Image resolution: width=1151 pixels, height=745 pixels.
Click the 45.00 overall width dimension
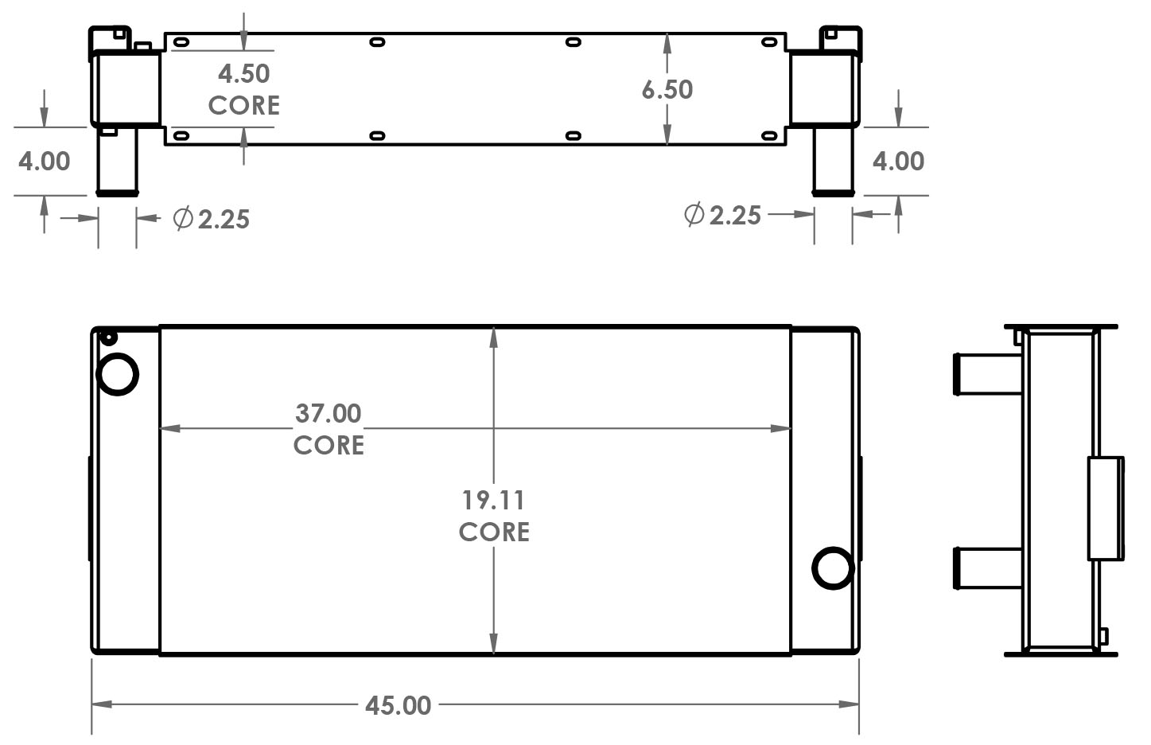(399, 705)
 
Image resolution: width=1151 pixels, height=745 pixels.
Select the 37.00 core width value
(329, 413)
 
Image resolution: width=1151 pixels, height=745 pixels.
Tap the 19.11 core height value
(494, 501)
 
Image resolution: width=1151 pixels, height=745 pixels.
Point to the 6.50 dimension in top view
(667, 89)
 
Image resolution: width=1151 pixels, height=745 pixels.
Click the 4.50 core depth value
(244, 74)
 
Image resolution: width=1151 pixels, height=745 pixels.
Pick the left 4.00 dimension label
(45, 162)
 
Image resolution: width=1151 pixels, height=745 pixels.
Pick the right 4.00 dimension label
(898, 162)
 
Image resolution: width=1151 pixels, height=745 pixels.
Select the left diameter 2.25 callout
(212, 219)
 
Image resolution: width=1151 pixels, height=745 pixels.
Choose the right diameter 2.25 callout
(723, 215)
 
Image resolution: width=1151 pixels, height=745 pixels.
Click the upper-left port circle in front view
(118, 373)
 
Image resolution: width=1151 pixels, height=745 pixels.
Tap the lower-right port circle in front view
(833, 568)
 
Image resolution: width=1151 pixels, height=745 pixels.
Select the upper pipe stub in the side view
(986, 372)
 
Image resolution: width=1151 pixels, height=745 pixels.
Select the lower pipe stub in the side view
(986, 568)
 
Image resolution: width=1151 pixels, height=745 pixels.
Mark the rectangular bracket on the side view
(1106, 508)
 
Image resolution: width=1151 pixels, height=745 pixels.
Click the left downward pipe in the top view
(117, 161)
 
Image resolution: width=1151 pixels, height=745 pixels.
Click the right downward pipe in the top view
(833, 161)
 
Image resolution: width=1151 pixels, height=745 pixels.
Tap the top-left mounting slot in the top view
(181, 42)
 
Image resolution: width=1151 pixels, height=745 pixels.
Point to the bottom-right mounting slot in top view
(769, 135)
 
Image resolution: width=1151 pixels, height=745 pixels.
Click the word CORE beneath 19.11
(494, 532)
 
